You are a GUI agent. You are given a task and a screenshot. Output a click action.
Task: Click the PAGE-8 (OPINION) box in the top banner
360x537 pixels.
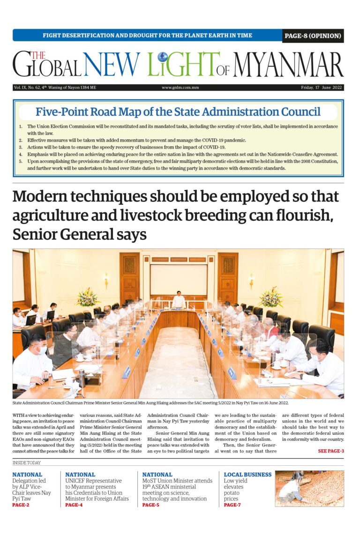313,36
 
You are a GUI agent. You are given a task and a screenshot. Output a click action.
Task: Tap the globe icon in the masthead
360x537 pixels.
163,57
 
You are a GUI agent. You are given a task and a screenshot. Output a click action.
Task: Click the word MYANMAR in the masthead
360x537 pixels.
288,65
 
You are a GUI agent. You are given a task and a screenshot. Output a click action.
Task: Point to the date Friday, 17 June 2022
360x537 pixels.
322,87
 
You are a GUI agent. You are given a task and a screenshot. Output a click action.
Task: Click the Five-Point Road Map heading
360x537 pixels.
178,112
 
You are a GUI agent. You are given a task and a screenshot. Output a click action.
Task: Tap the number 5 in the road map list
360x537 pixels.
21,161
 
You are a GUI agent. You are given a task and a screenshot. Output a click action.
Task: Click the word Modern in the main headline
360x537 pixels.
50,197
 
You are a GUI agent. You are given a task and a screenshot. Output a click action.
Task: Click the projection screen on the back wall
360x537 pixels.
179,280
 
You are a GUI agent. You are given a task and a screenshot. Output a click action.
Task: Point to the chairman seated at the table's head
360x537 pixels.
178,301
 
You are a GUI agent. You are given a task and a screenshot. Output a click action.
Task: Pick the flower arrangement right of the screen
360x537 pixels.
271,297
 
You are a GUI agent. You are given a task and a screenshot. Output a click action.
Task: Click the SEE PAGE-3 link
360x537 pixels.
331,451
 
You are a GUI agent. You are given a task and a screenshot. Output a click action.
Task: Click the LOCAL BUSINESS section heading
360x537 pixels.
247,475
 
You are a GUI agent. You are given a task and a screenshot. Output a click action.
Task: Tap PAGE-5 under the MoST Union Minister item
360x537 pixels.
150,505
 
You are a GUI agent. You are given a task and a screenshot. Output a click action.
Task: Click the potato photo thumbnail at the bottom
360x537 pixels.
309,488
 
